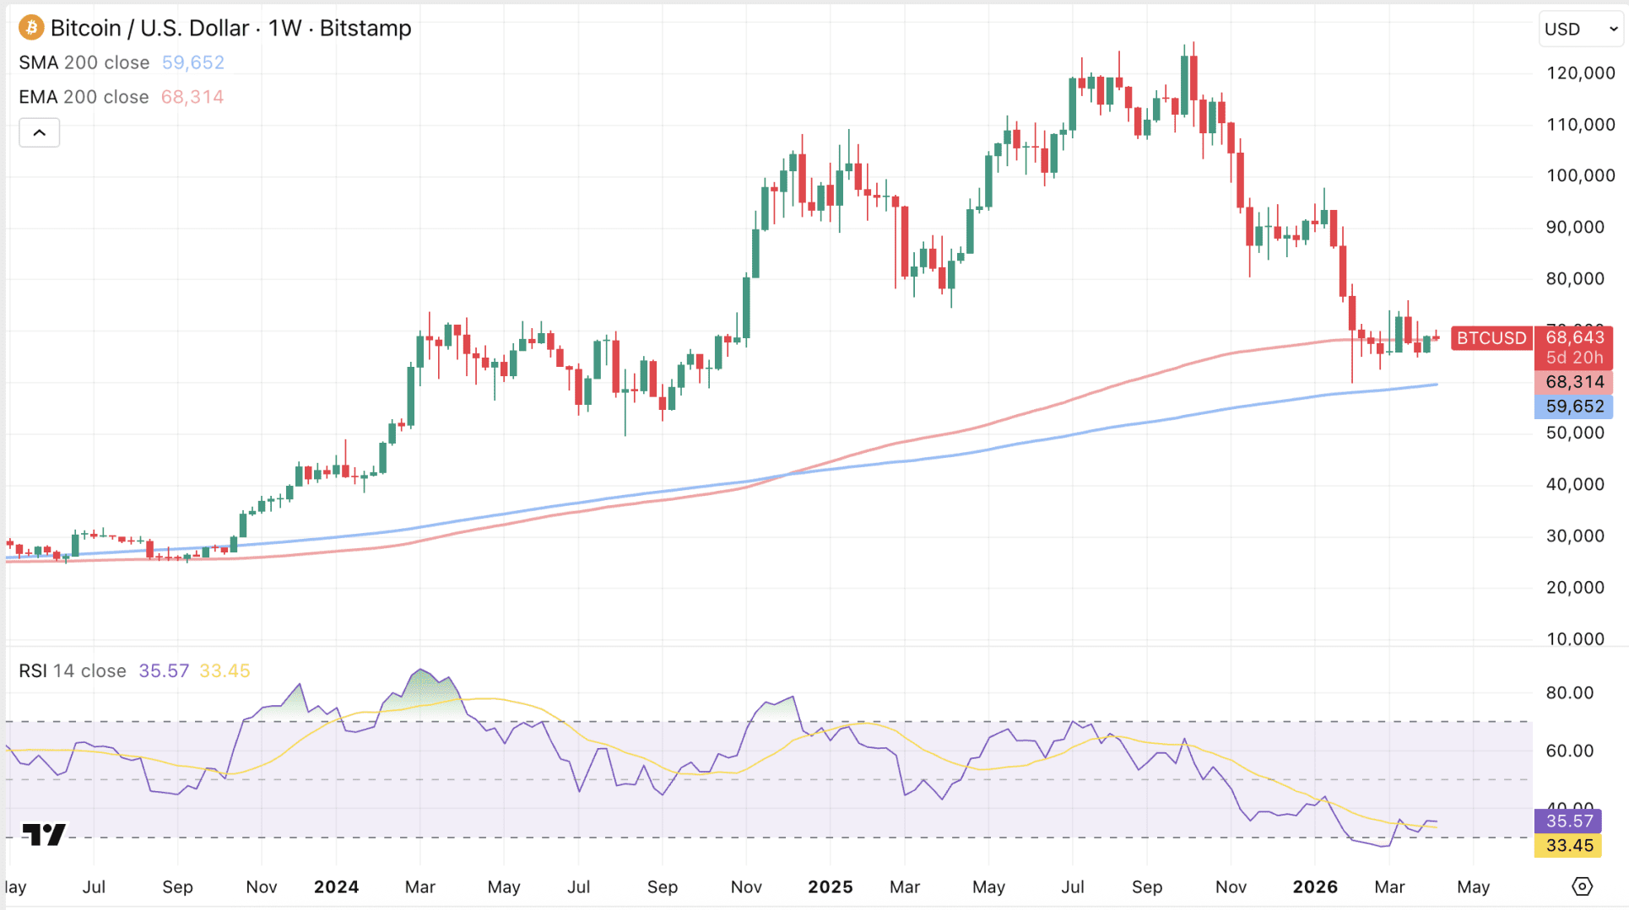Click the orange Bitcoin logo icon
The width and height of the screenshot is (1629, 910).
pyautogui.click(x=31, y=28)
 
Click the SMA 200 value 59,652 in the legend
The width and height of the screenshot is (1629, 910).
pyautogui.click(x=192, y=62)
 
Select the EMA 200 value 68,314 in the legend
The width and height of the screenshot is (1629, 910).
pyautogui.click(x=192, y=97)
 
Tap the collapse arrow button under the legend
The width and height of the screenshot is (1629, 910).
pyautogui.click(x=40, y=132)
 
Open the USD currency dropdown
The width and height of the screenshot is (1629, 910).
pyautogui.click(x=1581, y=29)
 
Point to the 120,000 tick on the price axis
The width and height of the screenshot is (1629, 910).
pyautogui.click(x=1580, y=73)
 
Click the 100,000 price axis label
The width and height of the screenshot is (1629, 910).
pyautogui.click(x=1580, y=175)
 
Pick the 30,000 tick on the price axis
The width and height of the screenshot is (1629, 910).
pyautogui.click(x=1575, y=536)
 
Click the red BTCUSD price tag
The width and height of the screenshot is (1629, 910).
pyautogui.click(x=1491, y=338)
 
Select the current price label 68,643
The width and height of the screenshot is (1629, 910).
pyautogui.click(x=1574, y=338)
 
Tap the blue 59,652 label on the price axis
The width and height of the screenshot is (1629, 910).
pyautogui.click(x=1574, y=407)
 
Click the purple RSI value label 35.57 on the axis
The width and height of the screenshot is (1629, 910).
pyautogui.click(x=1569, y=821)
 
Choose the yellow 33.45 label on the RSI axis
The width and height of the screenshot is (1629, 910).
pyautogui.click(x=1569, y=845)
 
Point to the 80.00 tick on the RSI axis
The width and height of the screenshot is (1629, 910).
pyautogui.click(x=1570, y=693)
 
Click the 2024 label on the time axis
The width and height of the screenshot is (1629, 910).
pyautogui.click(x=336, y=887)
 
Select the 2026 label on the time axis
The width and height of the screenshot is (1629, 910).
pyautogui.click(x=1315, y=887)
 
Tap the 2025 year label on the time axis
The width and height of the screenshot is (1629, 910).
pyautogui.click(x=830, y=887)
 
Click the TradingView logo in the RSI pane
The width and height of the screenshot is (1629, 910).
pyautogui.click(x=44, y=834)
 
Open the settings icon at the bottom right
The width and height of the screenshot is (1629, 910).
pyautogui.click(x=1582, y=886)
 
